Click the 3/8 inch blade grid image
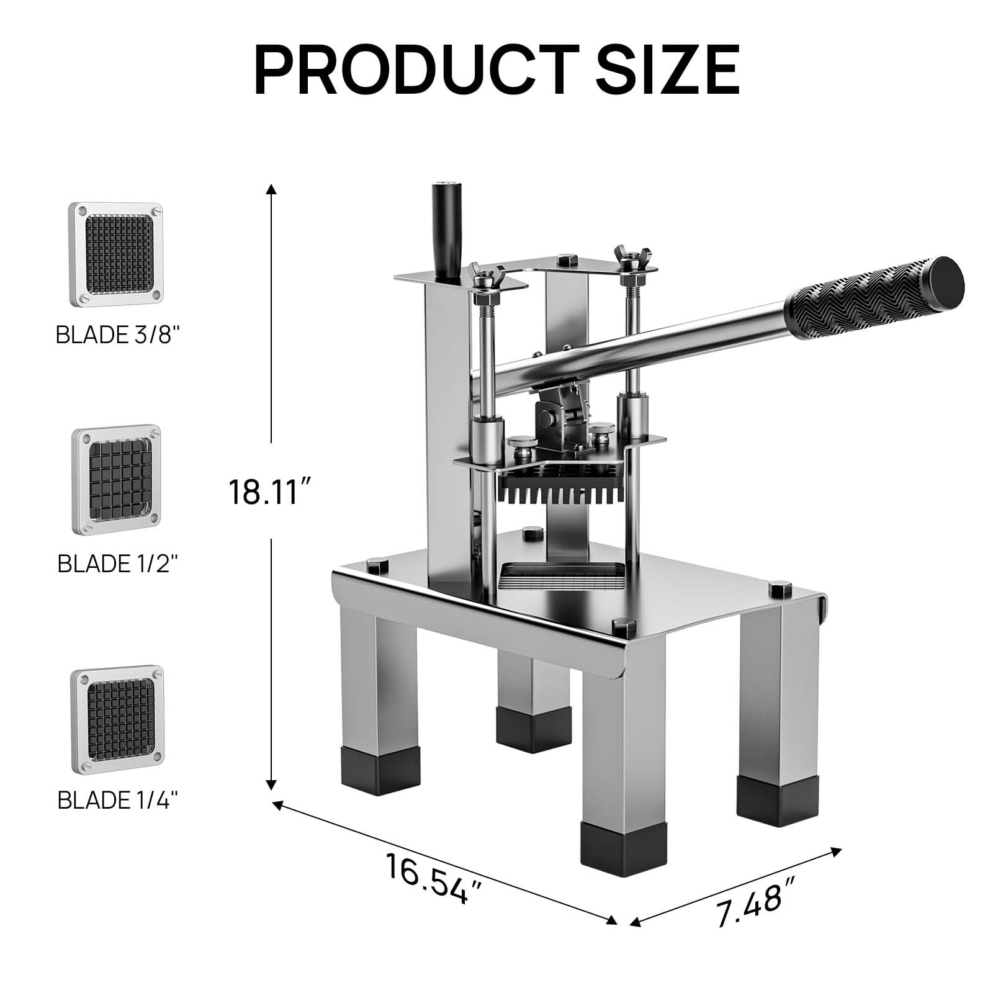pyautogui.click(x=115, y=254)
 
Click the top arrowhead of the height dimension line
pyautogui.click(x=271, y=189)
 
